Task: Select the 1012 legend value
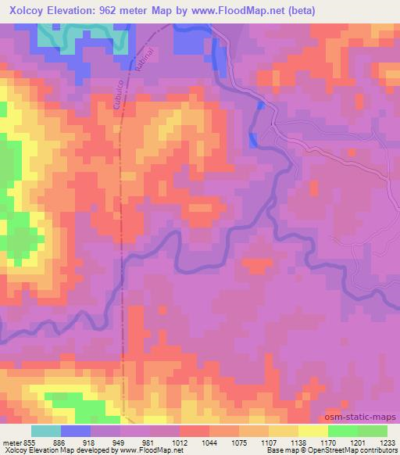point(178,442)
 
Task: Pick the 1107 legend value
point(268,442)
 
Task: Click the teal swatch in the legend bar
point(46,431)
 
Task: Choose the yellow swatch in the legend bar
point(312,431)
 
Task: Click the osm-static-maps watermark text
point(363,417)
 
